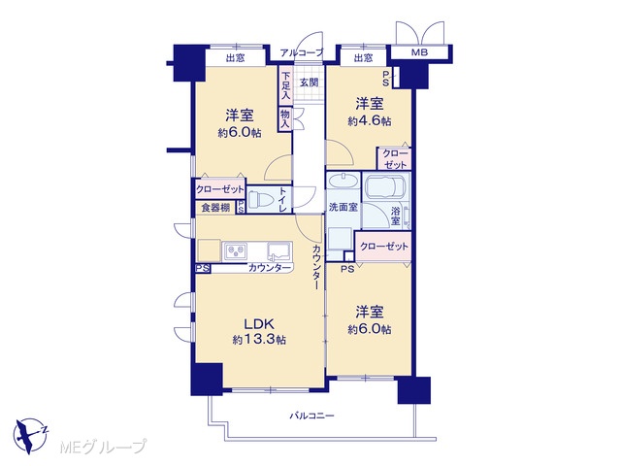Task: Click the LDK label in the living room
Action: click(x=259, y=323)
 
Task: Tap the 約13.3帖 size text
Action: click(x=259, y=340)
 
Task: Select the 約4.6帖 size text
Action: click(x=370, y=120)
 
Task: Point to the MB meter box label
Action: click(x=419, y=51)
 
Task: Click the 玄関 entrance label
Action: click(x=309, y=83)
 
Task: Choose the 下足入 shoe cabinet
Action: click(x=285, y=86)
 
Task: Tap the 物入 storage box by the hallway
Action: click(x=285, y=118)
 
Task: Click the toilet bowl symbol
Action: click(x=260, y=198)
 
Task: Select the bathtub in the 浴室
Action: click(x=385, y=186)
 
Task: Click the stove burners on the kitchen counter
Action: click(x=236, y=251)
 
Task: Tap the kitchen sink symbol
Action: click(x=278, y=250)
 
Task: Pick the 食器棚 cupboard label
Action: click(x=215, y=207)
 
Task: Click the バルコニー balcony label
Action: click(x=312, y=416)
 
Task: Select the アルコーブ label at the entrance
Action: click(x=302, y=52)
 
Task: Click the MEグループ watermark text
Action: click(x=103, y=447)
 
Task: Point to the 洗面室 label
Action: click(x=343, y=207)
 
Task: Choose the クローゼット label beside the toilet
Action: click(x=220, y=190)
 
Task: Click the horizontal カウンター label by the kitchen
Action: click(x=270, y=268)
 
